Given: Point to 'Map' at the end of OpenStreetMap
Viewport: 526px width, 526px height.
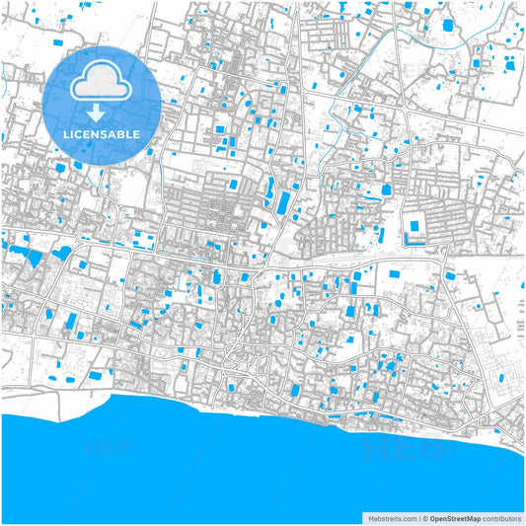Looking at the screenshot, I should (x=473, y=517).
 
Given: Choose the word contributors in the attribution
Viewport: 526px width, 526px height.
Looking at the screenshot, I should (x=501, y=517).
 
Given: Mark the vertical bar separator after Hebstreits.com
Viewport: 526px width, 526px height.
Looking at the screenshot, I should (x=418, y=517).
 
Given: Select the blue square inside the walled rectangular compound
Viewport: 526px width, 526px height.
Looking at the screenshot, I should (x=413, y=226).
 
